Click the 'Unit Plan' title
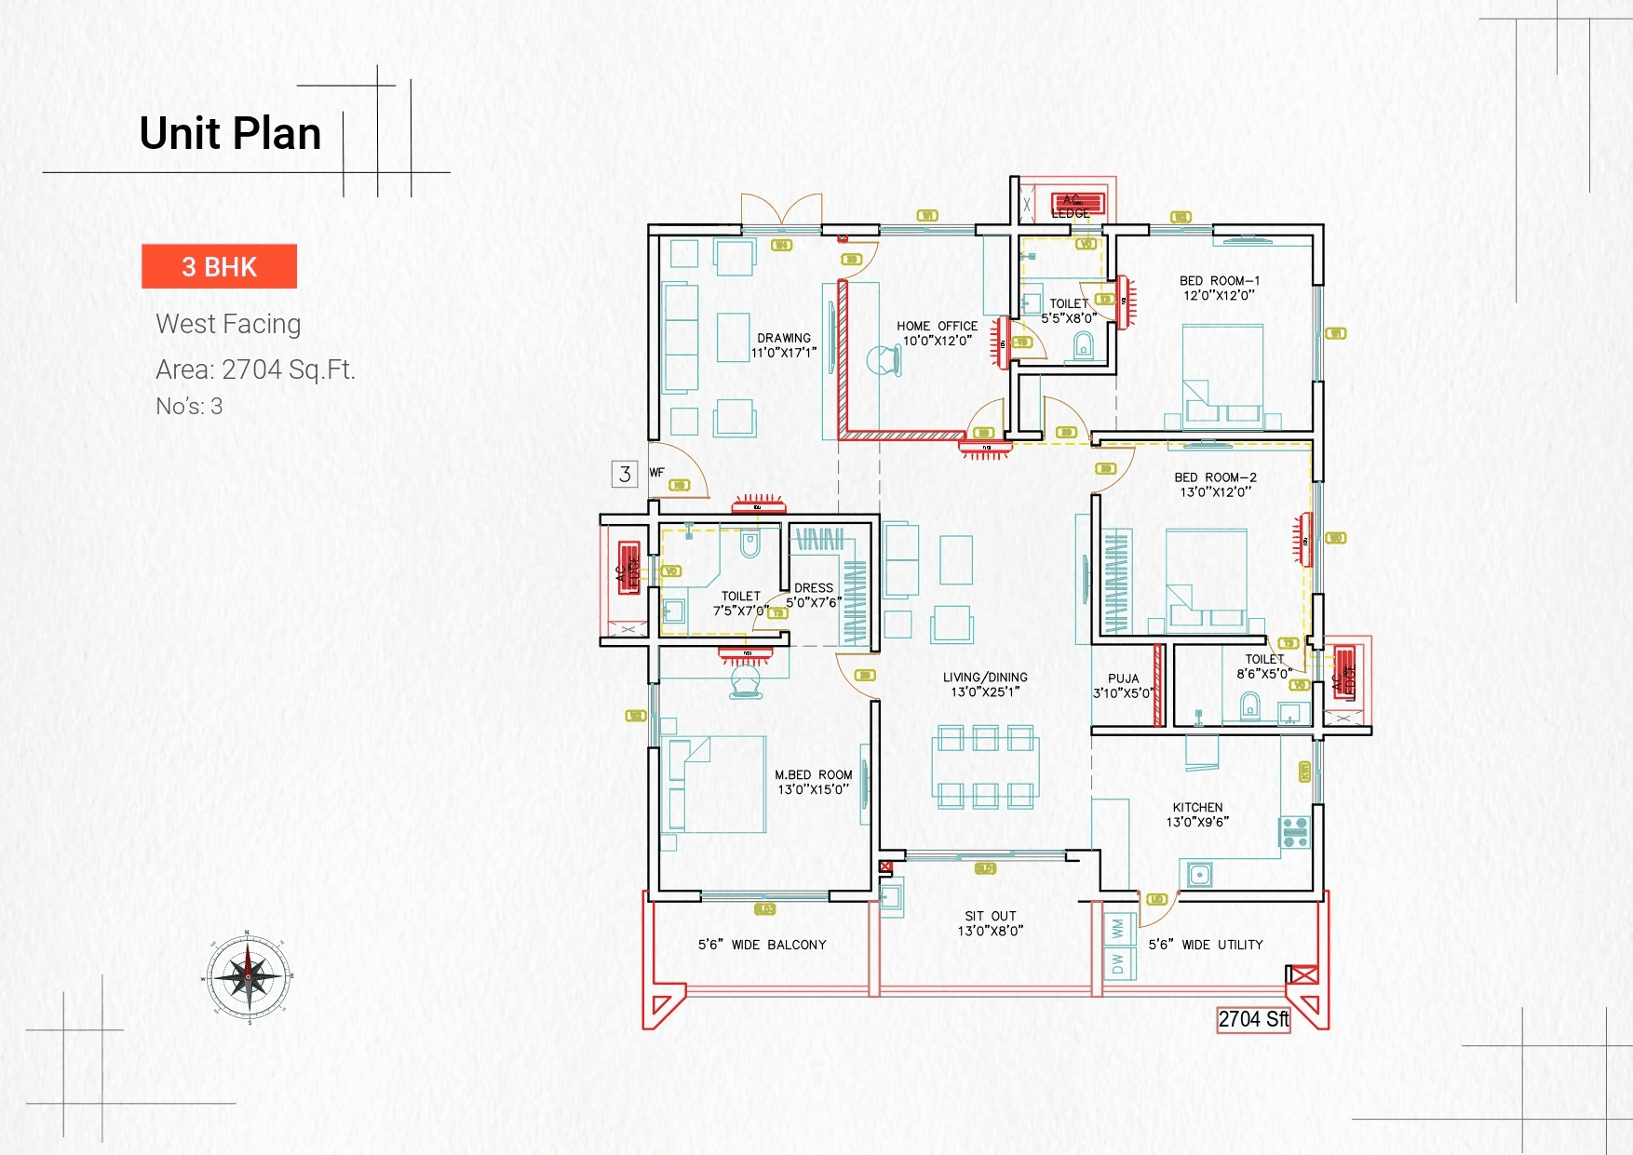(230, 133)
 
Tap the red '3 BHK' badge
(219, 267)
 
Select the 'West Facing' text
(228, 324)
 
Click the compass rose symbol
(249, 977)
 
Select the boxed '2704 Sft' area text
(1253, 1020)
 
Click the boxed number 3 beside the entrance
(625, 474)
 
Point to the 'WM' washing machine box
(1117, 928)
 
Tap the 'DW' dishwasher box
(1117, 963)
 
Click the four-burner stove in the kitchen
(1295, 832)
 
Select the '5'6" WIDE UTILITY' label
(1206, 945)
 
